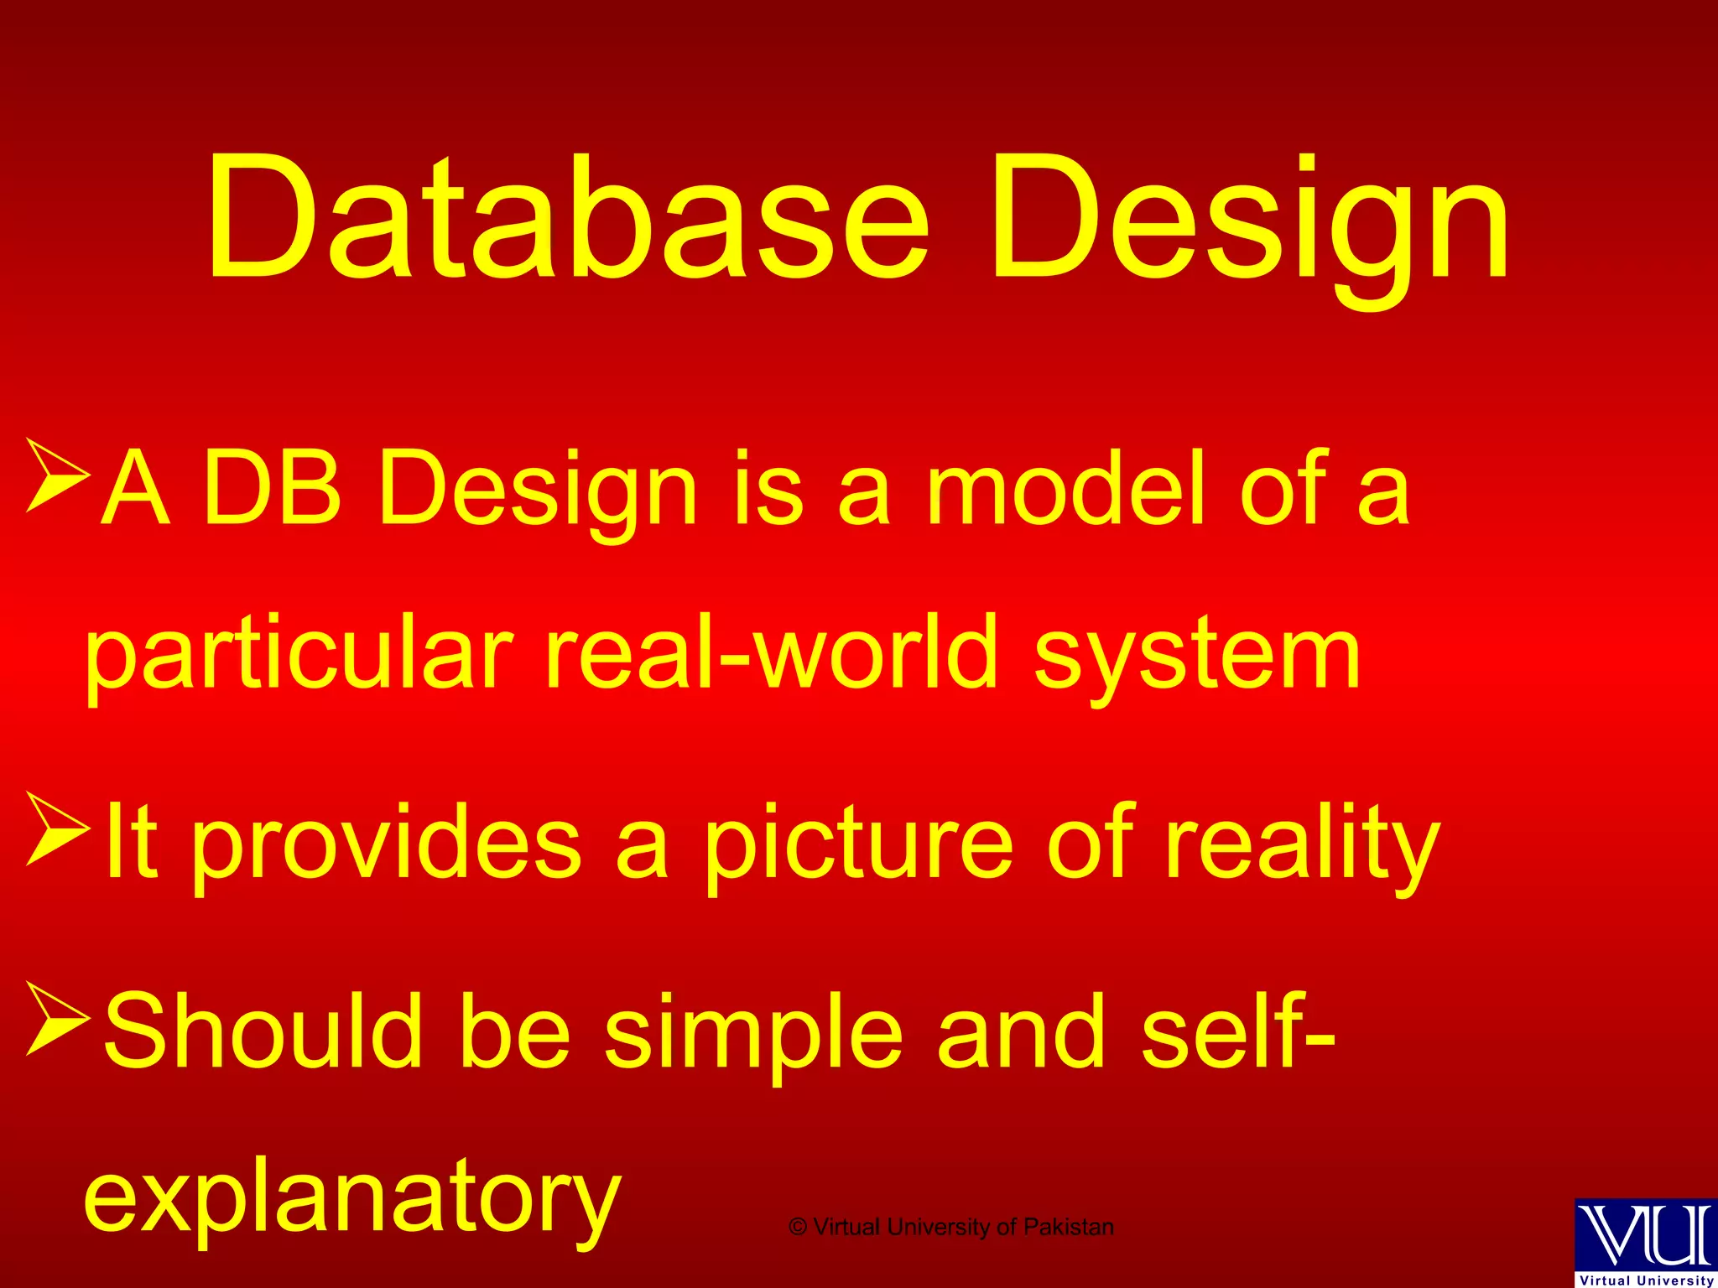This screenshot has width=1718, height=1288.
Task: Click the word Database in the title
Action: coord(567,220)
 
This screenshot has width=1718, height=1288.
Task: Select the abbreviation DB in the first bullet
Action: coord(272,489)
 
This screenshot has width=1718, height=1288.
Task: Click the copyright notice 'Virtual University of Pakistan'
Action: coord(951,1227)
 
